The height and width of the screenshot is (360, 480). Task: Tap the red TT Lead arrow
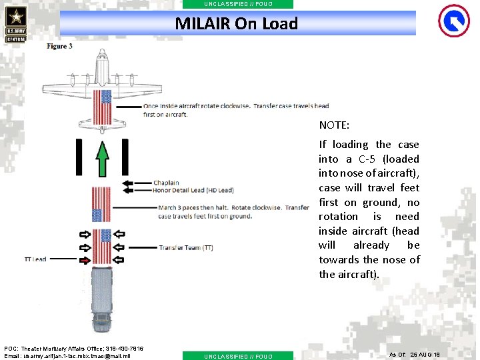point(85,259)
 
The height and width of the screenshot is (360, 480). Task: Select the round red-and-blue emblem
point(453,21)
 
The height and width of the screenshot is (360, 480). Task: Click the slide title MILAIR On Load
point(237,24)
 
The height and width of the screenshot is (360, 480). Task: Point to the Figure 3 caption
point(59,47)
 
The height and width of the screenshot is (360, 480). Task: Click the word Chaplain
point(166,183)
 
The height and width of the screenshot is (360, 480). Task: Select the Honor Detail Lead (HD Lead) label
point(193,190)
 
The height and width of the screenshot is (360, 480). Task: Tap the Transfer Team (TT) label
point(186,248)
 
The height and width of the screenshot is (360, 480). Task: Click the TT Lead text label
point(35,259)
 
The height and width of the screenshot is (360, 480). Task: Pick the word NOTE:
point(334,125)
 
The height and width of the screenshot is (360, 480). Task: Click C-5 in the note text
point(370,159)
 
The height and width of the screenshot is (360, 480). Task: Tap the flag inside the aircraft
point(102,107)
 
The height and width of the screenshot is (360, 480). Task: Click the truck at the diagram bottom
point(102,297)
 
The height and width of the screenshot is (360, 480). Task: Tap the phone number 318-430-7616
point(121,349)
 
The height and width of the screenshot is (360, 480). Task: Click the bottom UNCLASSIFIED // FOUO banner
point(237,356)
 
